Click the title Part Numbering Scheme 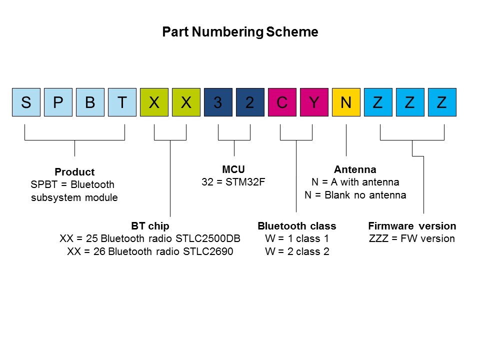(x=240, y=32)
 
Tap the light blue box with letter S (x=26, y=102)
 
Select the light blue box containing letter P (x=58, y=102)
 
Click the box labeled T (x=122, y=102)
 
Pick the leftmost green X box (x=154, y=102)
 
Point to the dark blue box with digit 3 (x=218, y=102)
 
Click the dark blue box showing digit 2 (x=250, y=102)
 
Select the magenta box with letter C (x=282, y=102)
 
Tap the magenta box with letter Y (x=314, y=102)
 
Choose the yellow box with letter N (x=346, y=102)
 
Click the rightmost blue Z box (x=442, y=102)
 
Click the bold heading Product (x=74, y=172)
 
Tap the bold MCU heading (x=233, y=169)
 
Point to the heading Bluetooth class (x=296, y=225)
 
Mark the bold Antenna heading (x=355, y=169)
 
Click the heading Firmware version (x=412, y=225)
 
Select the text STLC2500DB (x=213, y=238)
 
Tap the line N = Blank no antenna (x=355, y=195)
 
